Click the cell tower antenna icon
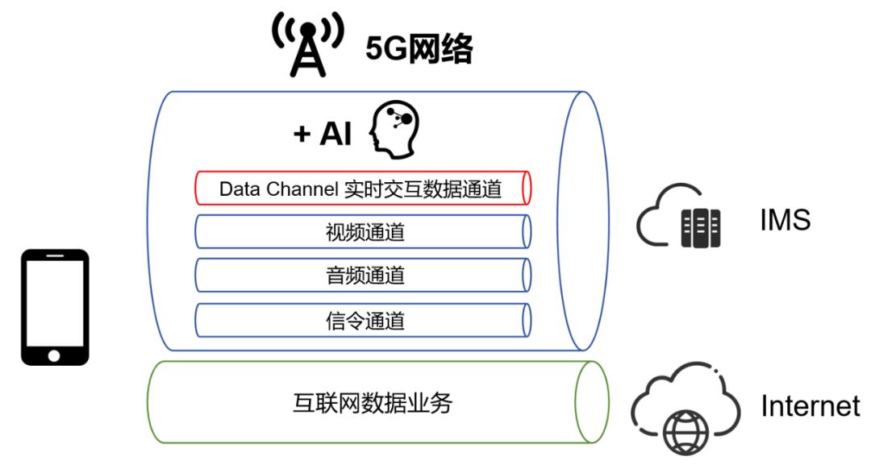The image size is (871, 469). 306,45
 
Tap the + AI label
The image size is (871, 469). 322,134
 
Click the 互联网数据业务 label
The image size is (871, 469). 372,402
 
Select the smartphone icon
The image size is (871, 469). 55,307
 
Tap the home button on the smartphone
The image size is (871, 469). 54,355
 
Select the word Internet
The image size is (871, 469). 811,406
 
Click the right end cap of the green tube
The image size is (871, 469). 591,402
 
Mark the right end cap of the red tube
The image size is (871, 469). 527,189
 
